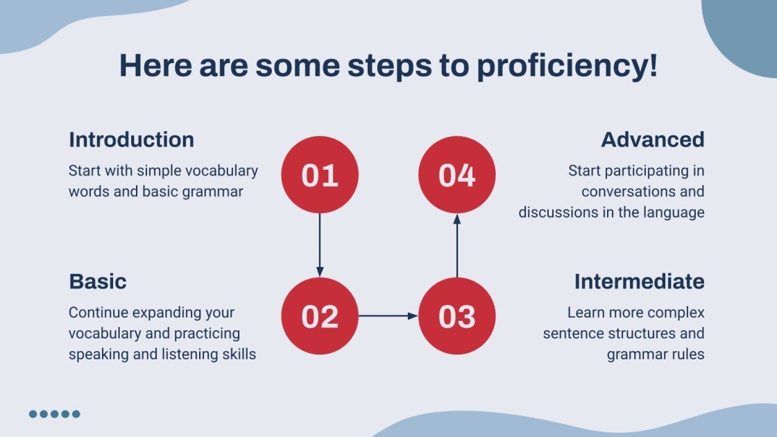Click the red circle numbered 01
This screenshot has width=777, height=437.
[320, 175]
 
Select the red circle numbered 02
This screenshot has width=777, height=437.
[320, 316]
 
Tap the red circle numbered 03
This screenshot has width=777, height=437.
[457, 316]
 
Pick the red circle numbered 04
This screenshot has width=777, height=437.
[457, 175]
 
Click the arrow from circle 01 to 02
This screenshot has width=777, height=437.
[320, 246]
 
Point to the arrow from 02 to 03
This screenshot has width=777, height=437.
[388, 316]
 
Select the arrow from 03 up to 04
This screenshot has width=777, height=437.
[457, 246]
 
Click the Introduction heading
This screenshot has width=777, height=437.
[131, 139]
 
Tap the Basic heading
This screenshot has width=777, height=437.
[98, 282]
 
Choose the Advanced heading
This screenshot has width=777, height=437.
[653, 139]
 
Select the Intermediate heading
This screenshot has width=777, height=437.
[639, 282]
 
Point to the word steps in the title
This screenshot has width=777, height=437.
[389, 67]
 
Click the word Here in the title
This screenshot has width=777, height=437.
[155, 65]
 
